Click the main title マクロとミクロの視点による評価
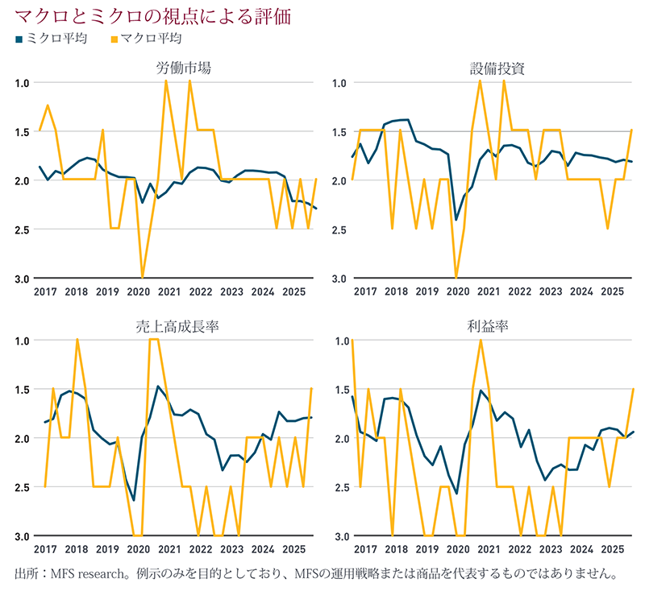pos(152,15)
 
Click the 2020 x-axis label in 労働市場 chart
pos(140,291)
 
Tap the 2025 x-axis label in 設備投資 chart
pos(612,291)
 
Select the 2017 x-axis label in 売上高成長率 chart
pos(47,549)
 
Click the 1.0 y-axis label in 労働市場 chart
pos(22,83)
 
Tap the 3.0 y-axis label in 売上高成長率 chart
pos(22,536)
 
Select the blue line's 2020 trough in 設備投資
pos(456,220)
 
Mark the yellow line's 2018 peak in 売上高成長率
pos(77,340)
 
